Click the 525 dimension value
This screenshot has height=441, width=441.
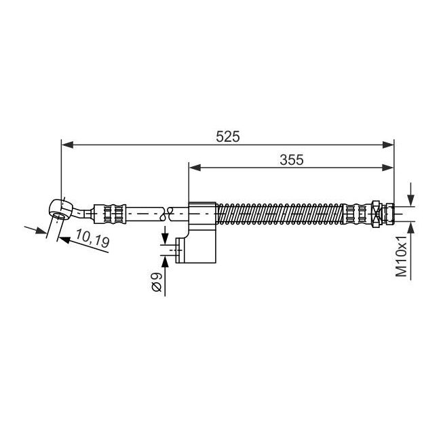228,136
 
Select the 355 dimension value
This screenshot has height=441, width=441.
292,159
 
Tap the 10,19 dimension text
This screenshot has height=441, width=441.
92,238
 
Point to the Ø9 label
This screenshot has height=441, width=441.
156,282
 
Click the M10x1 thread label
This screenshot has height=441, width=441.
401,256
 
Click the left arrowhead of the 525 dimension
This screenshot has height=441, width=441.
67,145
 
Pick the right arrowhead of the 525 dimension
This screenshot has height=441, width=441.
388,145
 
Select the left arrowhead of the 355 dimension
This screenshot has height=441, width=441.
195,168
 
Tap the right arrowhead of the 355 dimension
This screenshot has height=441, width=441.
387,168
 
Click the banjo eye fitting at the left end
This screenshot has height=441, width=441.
60,209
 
